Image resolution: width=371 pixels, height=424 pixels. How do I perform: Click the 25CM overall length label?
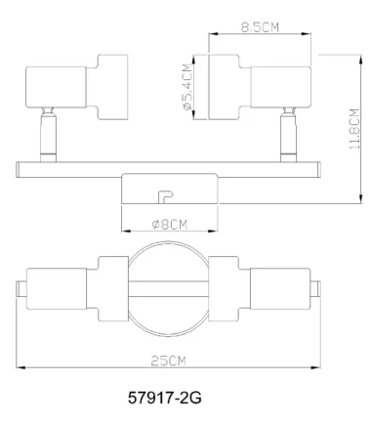click(169, 360)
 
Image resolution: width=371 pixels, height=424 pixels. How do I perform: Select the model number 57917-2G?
click(170, 398)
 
